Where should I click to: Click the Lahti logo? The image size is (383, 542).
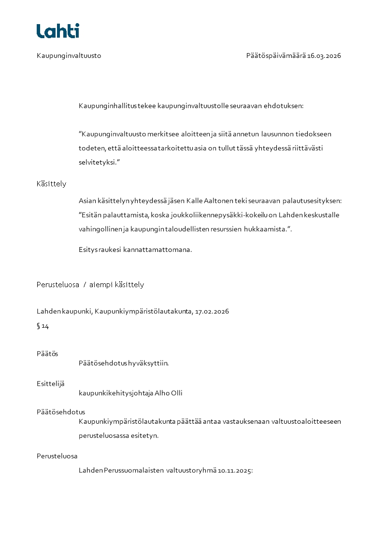click(x=57, y=31)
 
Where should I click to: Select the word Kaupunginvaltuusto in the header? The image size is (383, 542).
click(x=69, y=56)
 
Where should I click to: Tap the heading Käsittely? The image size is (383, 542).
click(x=51, y=184)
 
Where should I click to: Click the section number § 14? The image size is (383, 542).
click(x=43, y=326)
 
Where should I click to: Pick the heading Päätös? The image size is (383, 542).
click(x=47, y=353)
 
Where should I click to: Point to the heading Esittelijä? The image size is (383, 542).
click(x=50, y=384)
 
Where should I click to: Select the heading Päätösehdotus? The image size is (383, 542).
click(x=60, y=412)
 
